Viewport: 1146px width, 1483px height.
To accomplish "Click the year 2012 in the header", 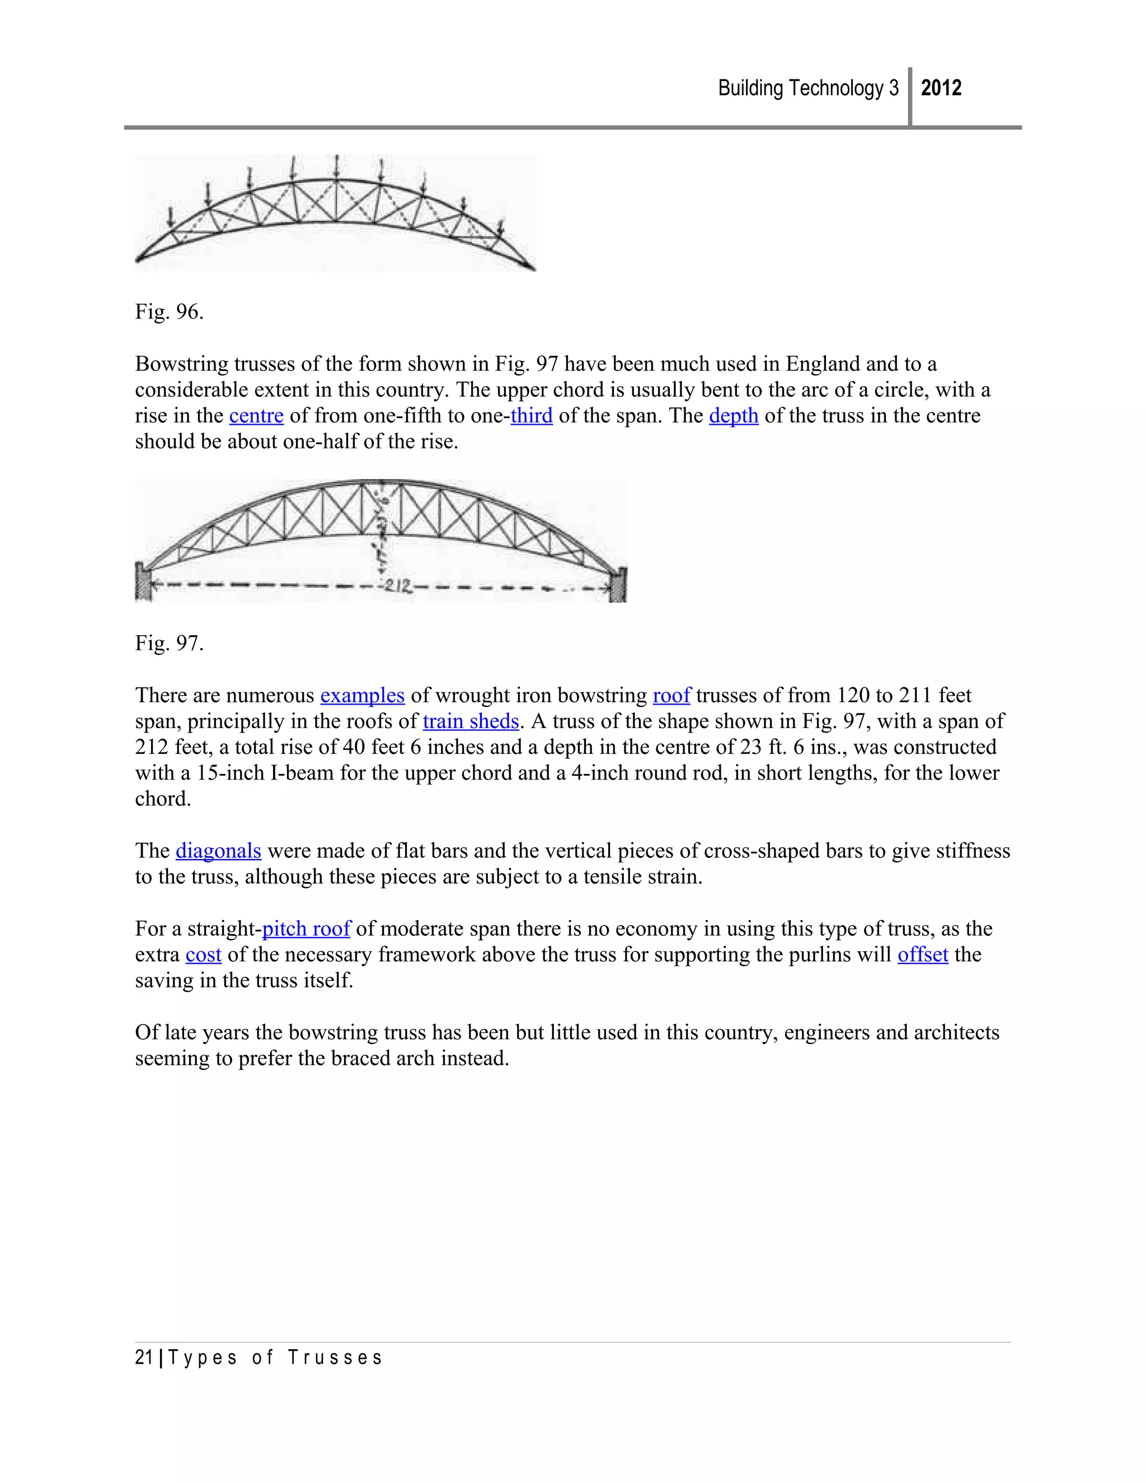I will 941,88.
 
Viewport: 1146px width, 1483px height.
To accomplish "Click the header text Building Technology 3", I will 808,88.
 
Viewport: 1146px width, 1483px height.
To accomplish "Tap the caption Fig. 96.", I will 169,312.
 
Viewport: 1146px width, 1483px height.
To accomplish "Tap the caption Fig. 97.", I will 169,643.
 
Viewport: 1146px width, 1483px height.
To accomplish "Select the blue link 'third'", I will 532,416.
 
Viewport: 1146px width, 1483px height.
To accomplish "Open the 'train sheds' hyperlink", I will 471,721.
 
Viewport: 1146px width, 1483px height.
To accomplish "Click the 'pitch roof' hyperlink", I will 306,929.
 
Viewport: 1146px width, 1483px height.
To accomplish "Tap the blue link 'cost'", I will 203,955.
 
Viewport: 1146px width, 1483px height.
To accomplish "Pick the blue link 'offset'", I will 923,955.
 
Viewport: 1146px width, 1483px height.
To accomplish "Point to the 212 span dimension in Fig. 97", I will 397,586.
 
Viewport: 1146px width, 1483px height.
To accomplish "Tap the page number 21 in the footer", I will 144,1358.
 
